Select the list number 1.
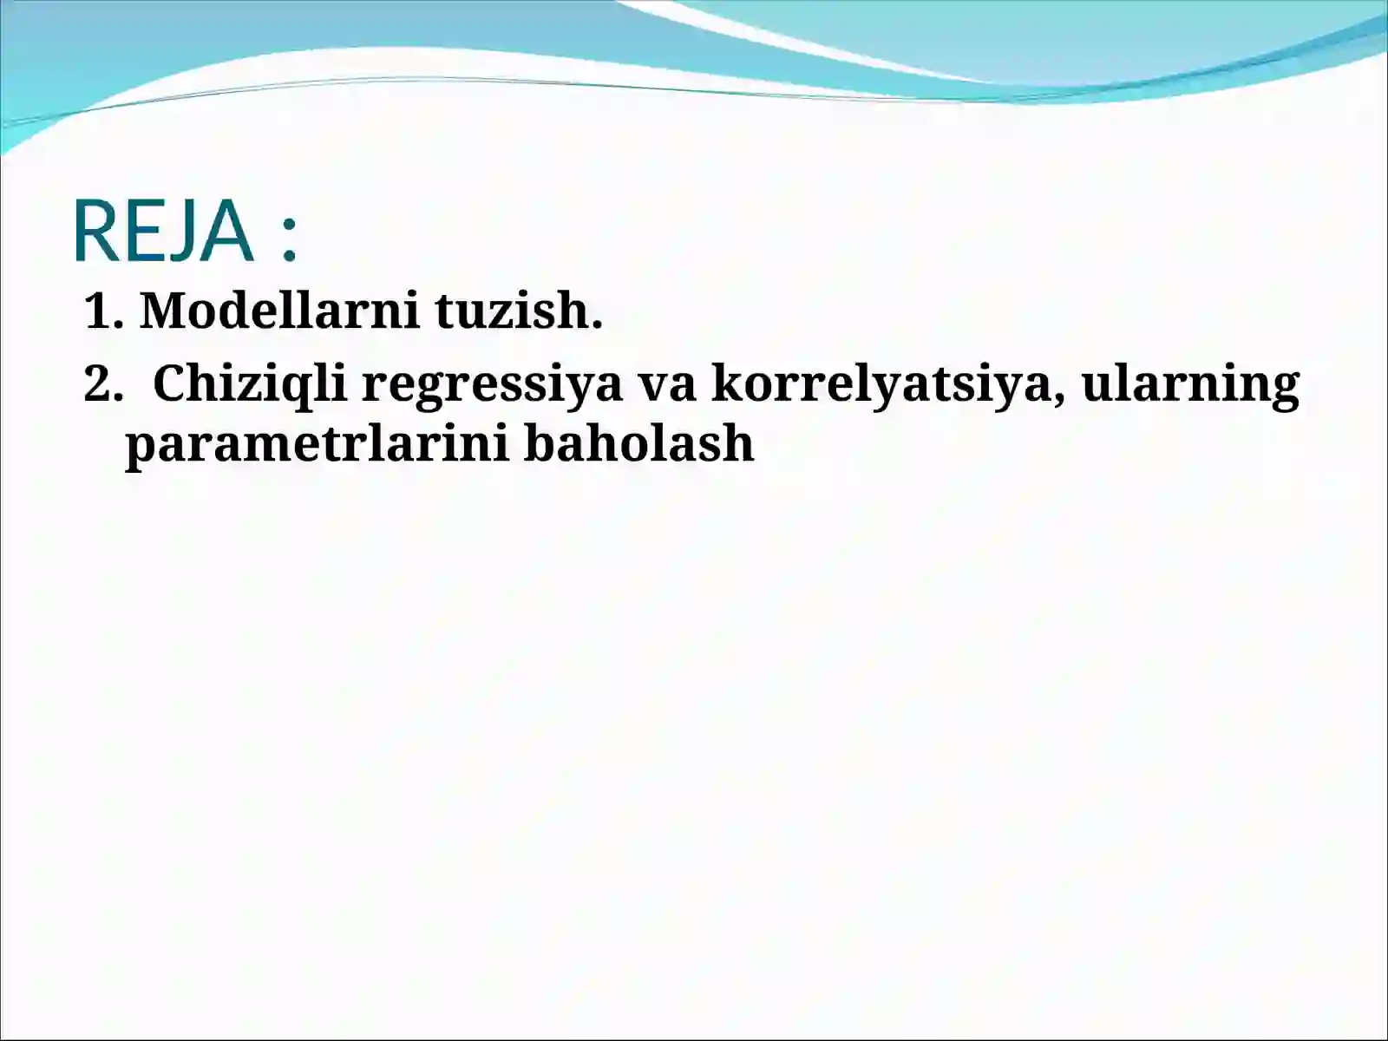[x=98, y=311]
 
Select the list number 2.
[x=98, y=383]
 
